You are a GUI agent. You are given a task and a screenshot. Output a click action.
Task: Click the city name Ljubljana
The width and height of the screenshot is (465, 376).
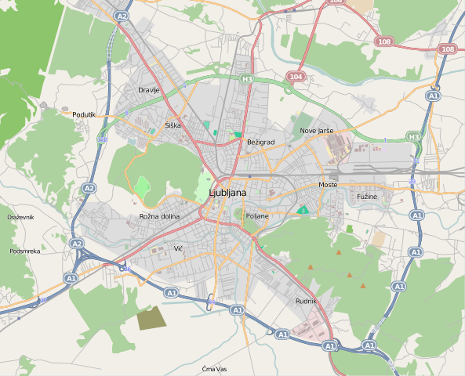pos(228,193)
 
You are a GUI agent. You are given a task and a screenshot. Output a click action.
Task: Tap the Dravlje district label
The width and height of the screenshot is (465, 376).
pos(148,90)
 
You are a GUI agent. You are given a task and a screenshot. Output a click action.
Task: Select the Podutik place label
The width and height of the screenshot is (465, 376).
pos(83,114)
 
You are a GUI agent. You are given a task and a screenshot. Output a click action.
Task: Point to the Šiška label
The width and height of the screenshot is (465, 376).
pos(173,125)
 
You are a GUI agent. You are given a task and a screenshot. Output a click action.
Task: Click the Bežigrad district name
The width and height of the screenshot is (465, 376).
pos(260,142)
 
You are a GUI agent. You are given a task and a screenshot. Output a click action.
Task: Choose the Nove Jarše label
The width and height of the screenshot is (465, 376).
pos(317,130)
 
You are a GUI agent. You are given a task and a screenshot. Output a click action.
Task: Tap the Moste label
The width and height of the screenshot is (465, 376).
pos(327,184)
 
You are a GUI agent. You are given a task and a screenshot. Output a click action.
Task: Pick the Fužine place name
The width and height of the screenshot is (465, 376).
pos(367,197)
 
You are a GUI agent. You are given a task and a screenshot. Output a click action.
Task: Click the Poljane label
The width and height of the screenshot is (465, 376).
pos(256,215)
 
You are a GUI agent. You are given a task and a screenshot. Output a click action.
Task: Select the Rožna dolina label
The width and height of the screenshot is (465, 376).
pos(159,216)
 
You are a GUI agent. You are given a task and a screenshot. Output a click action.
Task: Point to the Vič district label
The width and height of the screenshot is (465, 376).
pos(178,248)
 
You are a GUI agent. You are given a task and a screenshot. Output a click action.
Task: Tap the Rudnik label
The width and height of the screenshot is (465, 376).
pos(306,301)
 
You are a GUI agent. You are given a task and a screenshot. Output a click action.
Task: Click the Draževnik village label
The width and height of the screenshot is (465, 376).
pos(21,216)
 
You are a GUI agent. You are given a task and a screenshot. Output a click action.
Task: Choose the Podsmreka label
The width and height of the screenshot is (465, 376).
pos(25,251)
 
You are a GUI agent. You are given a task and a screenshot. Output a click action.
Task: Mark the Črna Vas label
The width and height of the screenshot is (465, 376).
pos(214,368)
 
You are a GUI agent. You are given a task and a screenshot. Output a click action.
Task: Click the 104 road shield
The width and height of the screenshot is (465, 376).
pos(295,77)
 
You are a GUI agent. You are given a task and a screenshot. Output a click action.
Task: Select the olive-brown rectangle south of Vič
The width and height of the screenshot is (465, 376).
pos(151,318)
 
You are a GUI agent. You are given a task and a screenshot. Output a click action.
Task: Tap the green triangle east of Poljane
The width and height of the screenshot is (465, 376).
pos(303,209)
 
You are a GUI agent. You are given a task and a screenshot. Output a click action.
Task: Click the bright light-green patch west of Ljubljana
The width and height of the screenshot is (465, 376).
pos(142,187)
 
